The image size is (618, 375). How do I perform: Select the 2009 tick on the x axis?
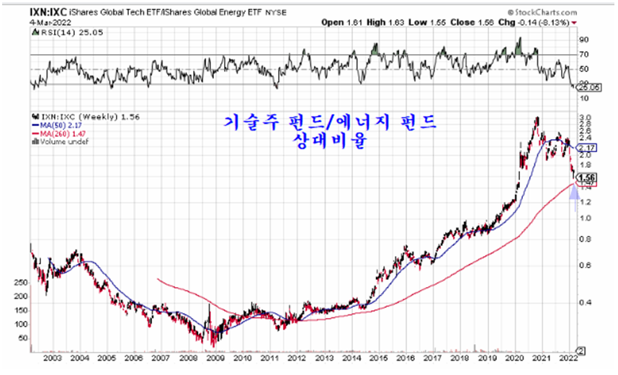[x=214, y=357]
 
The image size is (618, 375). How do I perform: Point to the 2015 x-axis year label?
[x=378, y=357]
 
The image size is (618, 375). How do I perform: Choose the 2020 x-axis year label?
[x=514, y=357]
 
